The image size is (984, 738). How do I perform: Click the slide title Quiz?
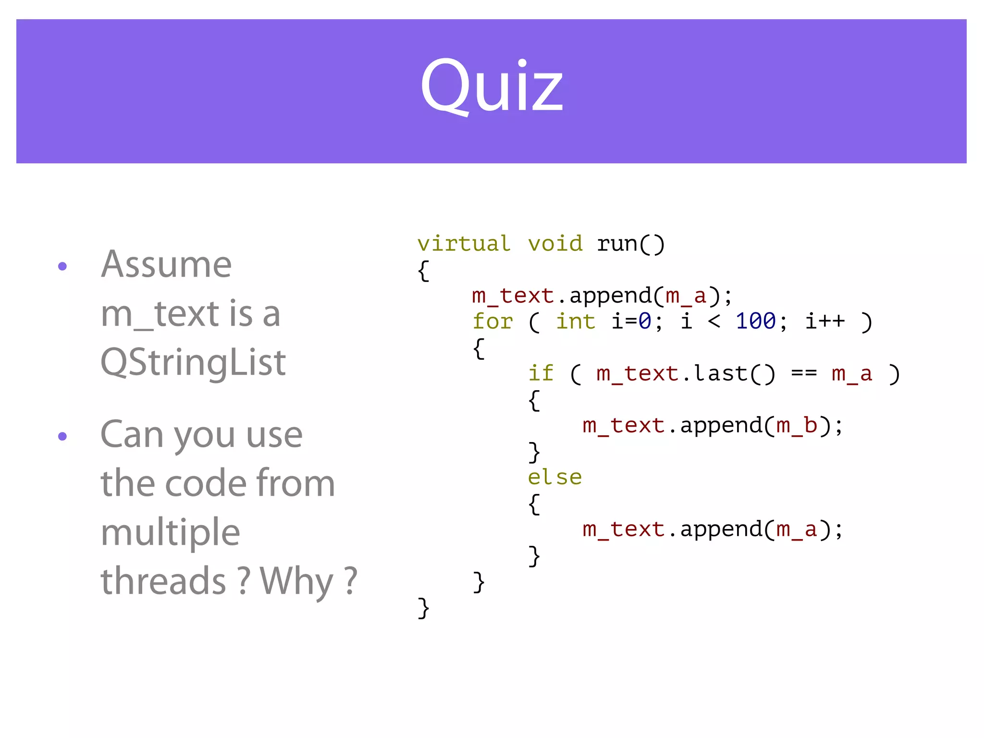492,86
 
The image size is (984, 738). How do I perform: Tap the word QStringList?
193,362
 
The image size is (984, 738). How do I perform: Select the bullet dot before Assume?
62,266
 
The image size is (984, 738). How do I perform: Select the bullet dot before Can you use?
62,436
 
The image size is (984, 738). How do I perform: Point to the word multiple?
170,532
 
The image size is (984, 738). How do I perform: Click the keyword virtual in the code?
464,244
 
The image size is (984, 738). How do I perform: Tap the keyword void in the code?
555,244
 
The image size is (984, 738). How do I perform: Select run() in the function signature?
631,244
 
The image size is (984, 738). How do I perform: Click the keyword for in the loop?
493,321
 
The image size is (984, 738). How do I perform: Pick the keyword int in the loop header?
576,321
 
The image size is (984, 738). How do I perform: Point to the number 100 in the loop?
756,321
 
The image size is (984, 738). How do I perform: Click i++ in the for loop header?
825,321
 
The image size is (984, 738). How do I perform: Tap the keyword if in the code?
541,373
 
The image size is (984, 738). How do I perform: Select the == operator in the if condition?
804,373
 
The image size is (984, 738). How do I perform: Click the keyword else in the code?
555,477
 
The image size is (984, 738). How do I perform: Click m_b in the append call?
797,425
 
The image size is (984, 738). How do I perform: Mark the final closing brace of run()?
423,608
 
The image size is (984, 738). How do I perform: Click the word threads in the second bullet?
163,581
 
